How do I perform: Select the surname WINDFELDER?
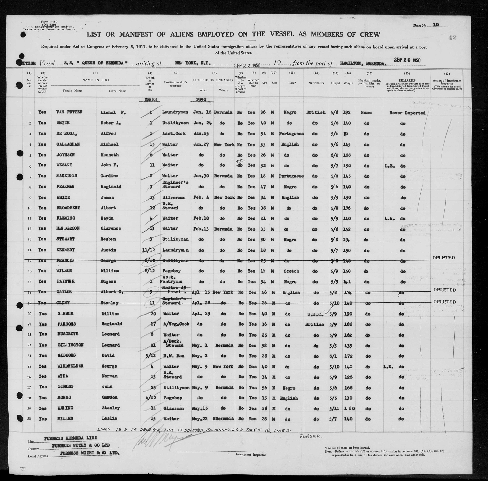(70, 366)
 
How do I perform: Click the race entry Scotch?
(291, 271)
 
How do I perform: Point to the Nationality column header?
(316, 83)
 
